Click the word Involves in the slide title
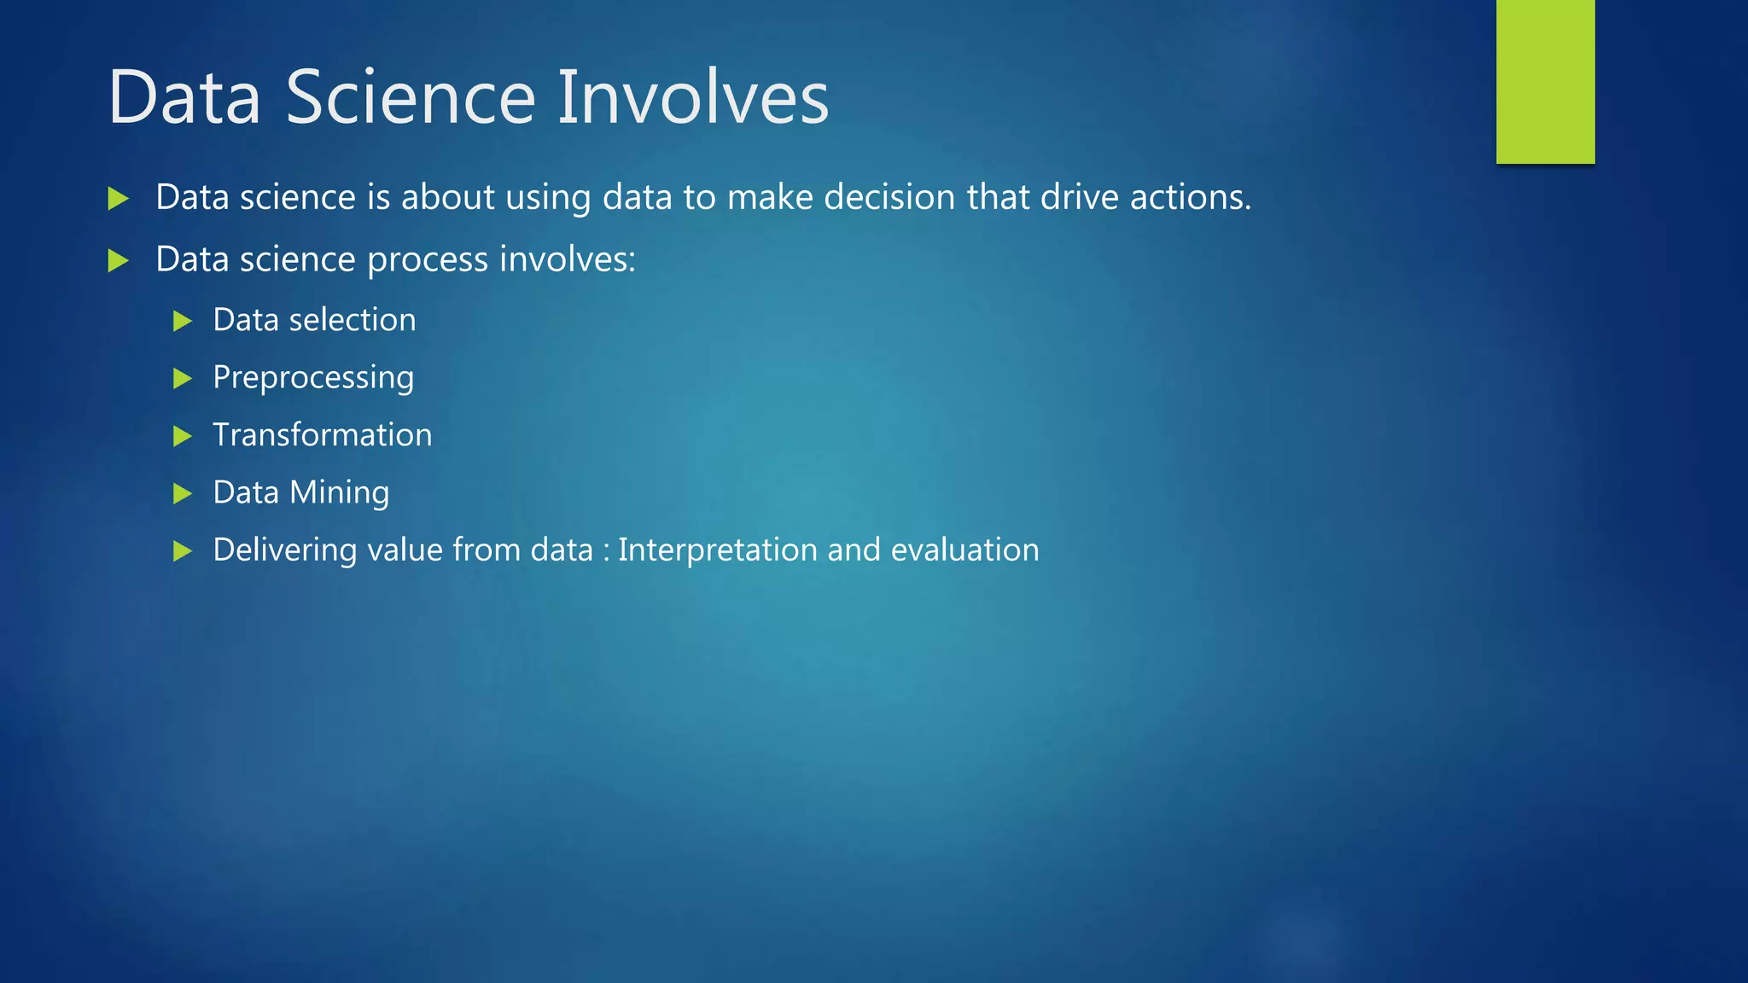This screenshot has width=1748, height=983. pos(692,97)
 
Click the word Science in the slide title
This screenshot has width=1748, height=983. pos(410,97)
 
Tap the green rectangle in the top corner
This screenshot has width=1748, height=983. pos(1545,81)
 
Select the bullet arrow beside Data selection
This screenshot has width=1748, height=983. pos(182,322)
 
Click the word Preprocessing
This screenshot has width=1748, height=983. pos(313,378)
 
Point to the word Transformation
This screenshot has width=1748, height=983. pos(322,435)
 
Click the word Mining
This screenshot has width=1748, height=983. pos(339,493)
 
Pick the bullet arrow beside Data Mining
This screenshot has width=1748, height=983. pos(182,494)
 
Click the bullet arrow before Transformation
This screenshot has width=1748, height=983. pos(182,437)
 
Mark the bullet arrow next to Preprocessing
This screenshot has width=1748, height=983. pos(182,379)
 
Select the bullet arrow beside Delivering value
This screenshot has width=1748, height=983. pos(182,551)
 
